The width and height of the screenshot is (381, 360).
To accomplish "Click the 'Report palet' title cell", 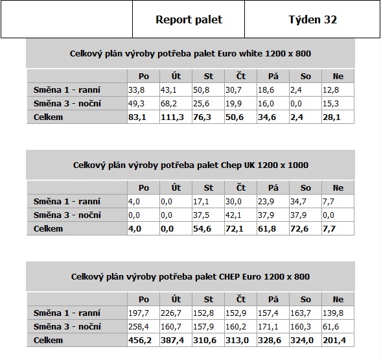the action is (x=189, y=19).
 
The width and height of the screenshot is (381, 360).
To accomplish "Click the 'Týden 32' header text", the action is (x=313, y=19).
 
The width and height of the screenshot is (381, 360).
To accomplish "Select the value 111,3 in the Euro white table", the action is (x=172, y=117).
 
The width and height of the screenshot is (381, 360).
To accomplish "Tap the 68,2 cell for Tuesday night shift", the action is (x=168, y=104).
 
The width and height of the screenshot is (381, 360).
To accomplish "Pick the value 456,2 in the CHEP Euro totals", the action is (x=140, y=341).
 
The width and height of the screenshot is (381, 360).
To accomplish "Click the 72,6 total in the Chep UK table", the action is (x=299, y=229).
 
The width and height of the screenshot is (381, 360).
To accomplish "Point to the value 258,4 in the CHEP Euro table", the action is (x=139, y=327).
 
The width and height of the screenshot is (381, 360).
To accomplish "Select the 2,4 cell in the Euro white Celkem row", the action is (x=297, y=117).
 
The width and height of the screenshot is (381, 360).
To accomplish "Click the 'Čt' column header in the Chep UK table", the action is (x=241, y=188).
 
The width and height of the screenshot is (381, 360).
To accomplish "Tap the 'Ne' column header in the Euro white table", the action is (x=338, y=77).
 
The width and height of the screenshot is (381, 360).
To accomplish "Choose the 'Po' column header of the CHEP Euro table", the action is (x=144, y=300).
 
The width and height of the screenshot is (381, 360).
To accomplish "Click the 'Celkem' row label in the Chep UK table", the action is (x=48, y=228).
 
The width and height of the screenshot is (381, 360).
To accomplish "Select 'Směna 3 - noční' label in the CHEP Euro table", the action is (x=67, y=326).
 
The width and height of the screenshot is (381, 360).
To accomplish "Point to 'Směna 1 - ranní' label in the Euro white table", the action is (x=67, y=90).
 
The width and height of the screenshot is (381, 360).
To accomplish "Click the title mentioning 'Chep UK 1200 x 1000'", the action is (x=190, y=165).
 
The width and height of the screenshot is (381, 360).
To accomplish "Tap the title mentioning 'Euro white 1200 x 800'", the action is (x=190, y=53).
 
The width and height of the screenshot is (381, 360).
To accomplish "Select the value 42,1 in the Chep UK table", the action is (x=233, y=215).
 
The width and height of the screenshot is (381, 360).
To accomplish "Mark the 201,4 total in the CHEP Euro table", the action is (x=334, y=341).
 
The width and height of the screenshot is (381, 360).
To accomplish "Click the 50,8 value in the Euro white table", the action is (x=201, y=90).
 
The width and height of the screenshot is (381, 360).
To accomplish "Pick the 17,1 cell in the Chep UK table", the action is (x=201, y=202).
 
